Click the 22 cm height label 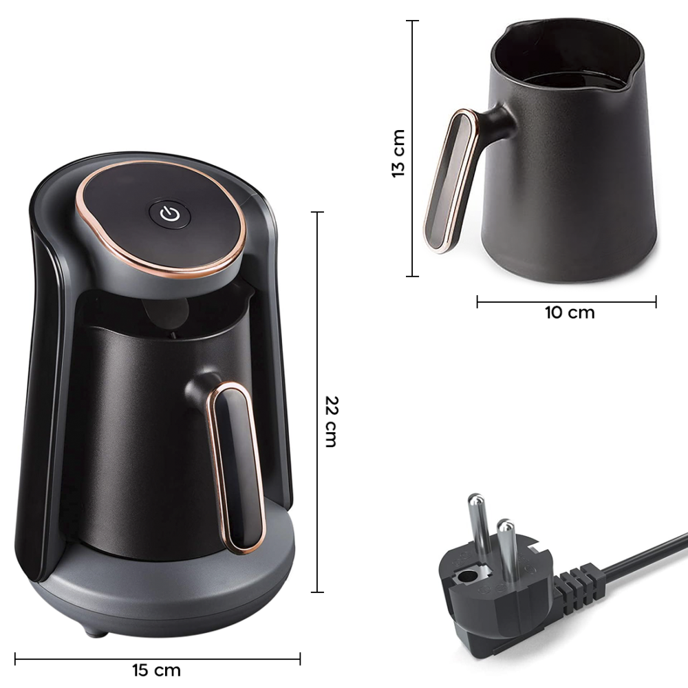point(331,421)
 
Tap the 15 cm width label point(157,669)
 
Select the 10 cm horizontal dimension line point(566,301)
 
